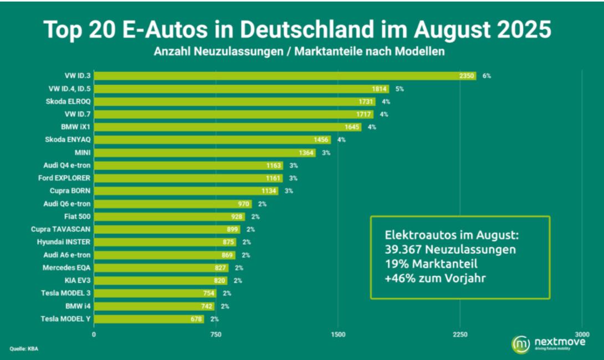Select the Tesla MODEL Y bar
point(149,319)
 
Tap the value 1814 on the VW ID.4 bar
point(380,89)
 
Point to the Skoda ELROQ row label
point(69,101)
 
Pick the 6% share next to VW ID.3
point(487,76)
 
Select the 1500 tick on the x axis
point(338,334)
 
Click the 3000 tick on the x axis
point(582,334)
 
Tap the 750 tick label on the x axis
point(216,334)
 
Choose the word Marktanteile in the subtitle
point(331,52)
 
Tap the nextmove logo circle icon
point(521,344)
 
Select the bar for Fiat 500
point(169,217)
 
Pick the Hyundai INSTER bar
point(165,242)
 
